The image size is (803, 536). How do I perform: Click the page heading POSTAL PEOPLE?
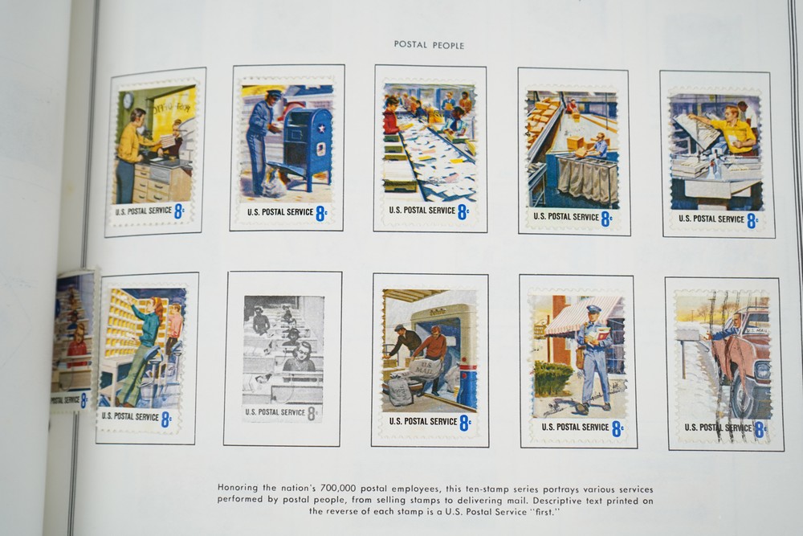pos(429,45)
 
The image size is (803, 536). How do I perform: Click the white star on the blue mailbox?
pos(321,128)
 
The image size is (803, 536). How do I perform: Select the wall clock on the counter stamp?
pos(128,100)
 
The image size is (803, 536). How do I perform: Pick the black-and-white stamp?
pos(283,358)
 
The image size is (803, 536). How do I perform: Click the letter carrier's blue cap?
pos(593,309)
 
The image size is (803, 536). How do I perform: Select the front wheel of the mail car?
pos(742,395)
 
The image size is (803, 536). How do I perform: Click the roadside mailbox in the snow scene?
pos(687,335)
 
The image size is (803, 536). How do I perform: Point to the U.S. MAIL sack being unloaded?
pos(422,368)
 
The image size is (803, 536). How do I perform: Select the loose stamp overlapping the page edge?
pos(73,340)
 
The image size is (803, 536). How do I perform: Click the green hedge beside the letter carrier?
pos(552,378)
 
